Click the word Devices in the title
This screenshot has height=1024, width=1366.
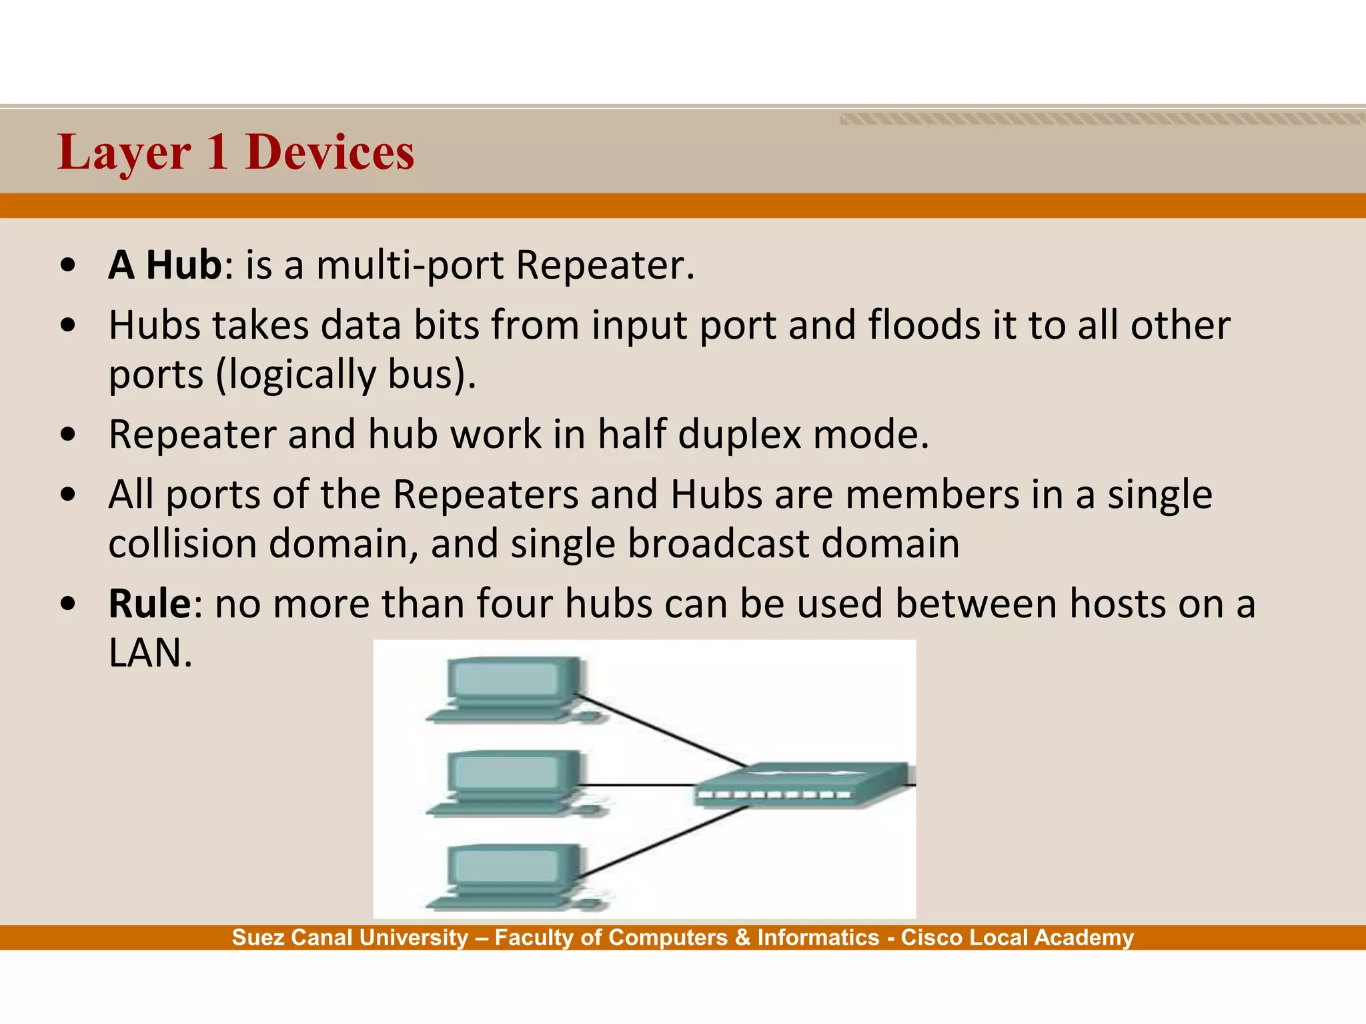[329, 153]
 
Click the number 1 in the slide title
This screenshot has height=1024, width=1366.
[217, 153]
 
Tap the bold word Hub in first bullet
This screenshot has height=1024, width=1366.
[183, 265]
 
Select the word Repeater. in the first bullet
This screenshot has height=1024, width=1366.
[605, 265]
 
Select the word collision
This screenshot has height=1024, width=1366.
[182, 543]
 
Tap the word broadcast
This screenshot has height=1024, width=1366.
[718, 543]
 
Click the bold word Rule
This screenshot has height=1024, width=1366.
[149, 604]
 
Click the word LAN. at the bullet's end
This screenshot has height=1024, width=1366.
[150, 653]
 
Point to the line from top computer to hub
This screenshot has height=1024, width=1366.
[660, 730]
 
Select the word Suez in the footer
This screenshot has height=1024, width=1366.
[257, 937]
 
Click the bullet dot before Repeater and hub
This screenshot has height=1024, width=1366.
[67, 435]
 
